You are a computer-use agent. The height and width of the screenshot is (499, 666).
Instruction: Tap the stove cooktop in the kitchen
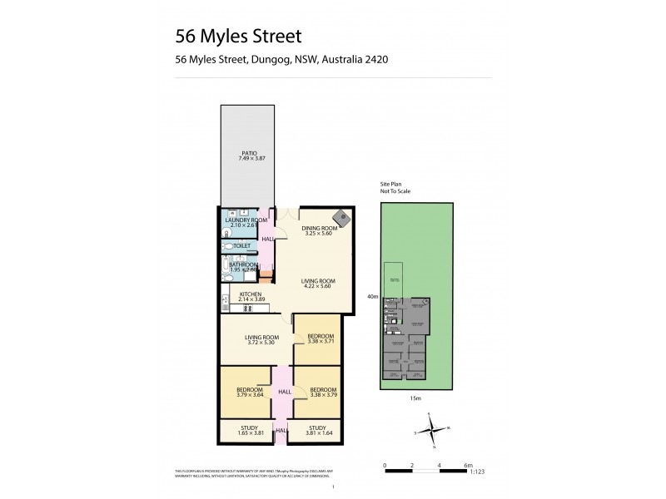pyautogui.click(x=246, y=309)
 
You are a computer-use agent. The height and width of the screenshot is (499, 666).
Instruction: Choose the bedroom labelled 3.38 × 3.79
pyautogui.click(x=322, y=393)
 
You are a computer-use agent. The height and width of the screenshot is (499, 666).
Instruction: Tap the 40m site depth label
pyautogui.click(x=372, y=296)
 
